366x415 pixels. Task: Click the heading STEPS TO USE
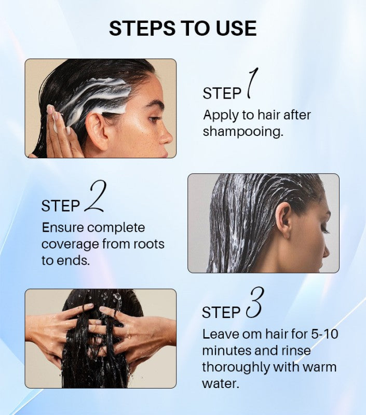[183, 28]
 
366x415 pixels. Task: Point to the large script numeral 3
[254, 302]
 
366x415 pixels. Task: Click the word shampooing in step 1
[243, 132]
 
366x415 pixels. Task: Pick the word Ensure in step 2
[62, 227]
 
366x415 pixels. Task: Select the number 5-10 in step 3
[324, 334]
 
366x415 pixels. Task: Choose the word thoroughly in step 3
[236, 367]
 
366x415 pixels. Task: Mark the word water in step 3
[220, 383]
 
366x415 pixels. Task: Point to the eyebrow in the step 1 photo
[154, 103]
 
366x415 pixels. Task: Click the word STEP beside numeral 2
[60, 206]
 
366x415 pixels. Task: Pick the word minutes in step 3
[227, 351]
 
